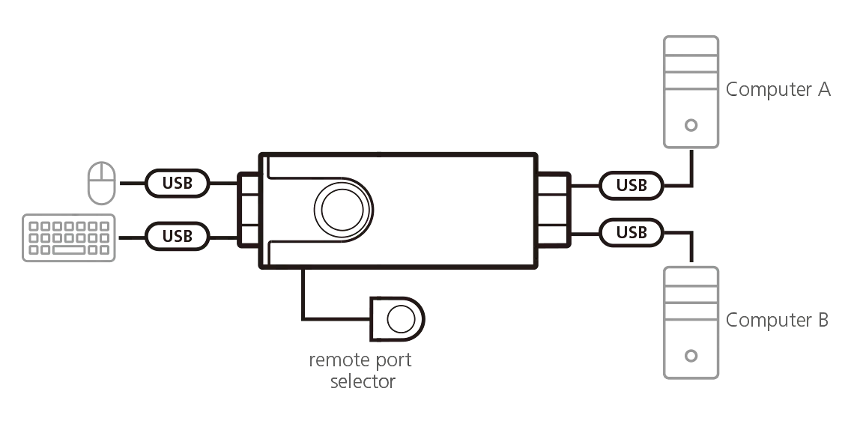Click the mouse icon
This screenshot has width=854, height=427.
point(102,183)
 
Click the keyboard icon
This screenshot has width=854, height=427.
point(69,238)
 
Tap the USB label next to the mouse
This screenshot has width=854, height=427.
point(177,183)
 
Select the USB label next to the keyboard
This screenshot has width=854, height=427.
point(177,236)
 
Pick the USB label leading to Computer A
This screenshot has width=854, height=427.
point(632,185)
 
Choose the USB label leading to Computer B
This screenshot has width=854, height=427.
point(632,232)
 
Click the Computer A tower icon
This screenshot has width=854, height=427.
point(691,92)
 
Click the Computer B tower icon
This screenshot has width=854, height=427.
point(691,322)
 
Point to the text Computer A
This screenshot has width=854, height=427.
point(778,89)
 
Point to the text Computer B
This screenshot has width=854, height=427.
point(777,320)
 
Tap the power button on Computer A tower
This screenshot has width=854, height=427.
point(691,125)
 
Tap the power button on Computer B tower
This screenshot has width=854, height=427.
point(691,356)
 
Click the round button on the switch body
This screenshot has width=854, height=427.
point(342,211)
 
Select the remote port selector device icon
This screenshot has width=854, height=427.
point(397,319)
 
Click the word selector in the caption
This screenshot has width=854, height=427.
point(363,381)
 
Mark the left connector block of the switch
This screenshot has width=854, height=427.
point(249,210)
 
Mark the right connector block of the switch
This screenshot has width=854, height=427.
point(554,210)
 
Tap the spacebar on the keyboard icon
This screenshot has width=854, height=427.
point(69,250)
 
